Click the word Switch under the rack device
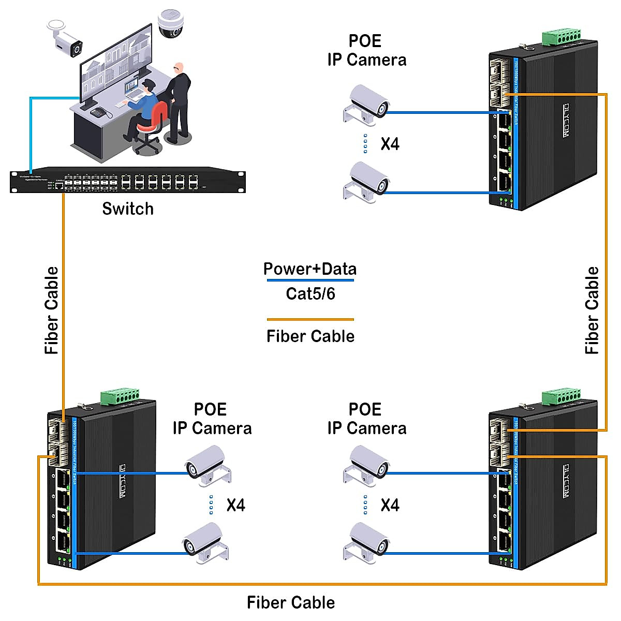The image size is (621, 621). point(128,209)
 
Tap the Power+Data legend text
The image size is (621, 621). point(310,269)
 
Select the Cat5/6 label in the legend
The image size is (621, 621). point(310,294)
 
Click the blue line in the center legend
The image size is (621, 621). point(310,280)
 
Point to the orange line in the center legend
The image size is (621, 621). point(310,319)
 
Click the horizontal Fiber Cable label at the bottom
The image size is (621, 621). point(291,602)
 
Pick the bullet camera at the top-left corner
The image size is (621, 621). point(66,39)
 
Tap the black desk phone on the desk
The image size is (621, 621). point(98,112)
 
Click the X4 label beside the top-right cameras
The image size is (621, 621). point(390,144)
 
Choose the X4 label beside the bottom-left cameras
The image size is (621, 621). point(235,505)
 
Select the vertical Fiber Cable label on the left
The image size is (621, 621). point(52,310)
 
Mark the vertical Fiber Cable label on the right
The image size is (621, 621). point(592,310)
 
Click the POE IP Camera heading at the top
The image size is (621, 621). point(366,50)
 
